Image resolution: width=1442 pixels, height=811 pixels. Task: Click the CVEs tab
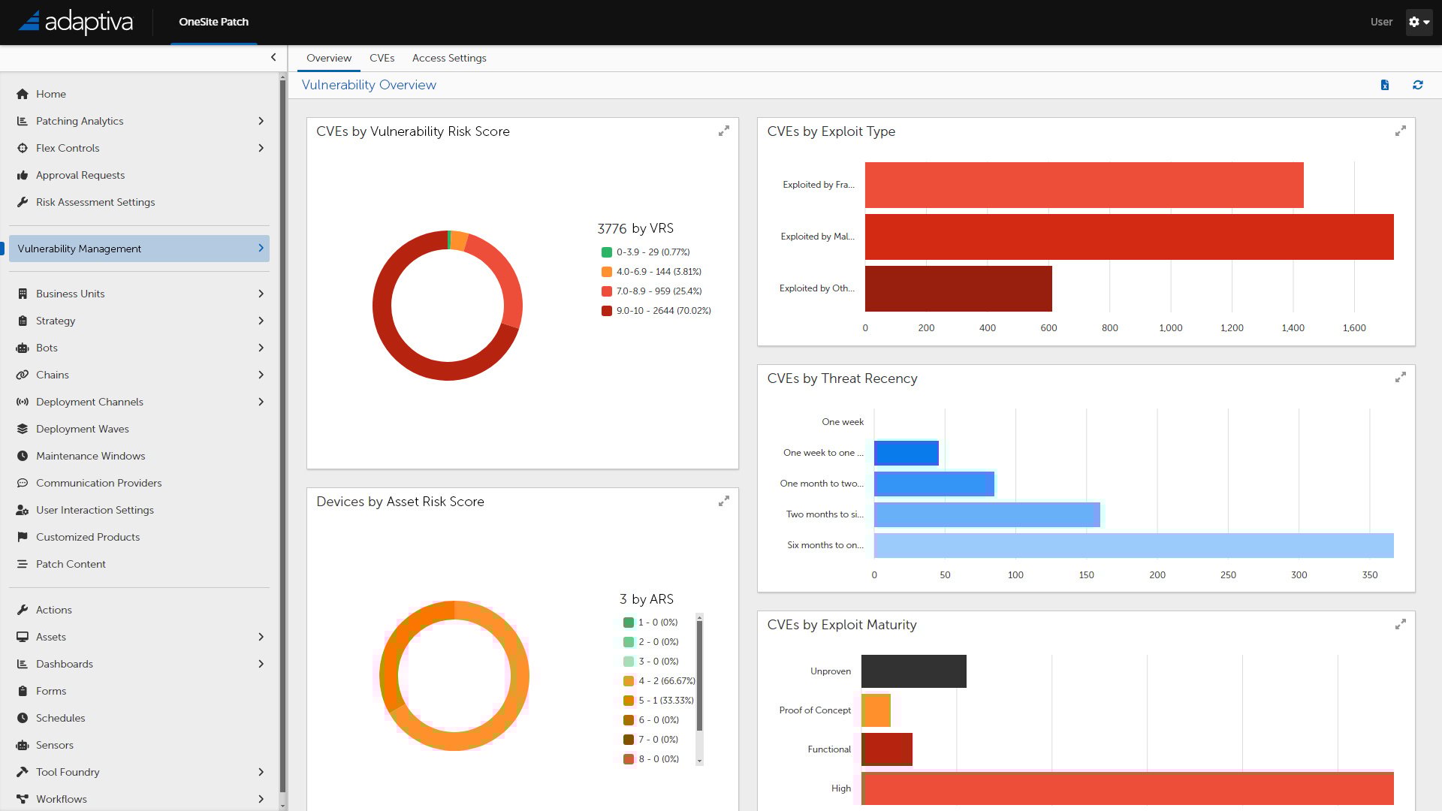[x=382, y=58]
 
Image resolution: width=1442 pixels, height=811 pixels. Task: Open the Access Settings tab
[x=448, y=58]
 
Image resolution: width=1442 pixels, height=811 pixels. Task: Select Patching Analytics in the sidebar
[x=80, y=121]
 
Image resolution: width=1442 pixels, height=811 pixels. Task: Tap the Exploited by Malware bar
[x=1129, y=237]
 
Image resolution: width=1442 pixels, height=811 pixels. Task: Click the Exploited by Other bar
[x=958, y=288]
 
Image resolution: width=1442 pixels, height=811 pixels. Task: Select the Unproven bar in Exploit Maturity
[x=913, y=671]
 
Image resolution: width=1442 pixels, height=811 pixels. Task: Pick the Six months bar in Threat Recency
[x=1133, y=545]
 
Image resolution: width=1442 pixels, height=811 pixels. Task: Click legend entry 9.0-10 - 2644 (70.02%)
[x=662, y=311]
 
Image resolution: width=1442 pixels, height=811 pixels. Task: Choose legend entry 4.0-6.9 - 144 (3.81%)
[x=658, y=272]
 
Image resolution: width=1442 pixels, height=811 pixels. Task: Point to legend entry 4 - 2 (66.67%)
[x=665, y=681]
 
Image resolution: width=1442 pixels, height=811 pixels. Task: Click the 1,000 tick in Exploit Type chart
[x=1170, y=328]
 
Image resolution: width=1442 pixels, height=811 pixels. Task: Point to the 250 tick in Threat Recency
[x=1228, y=575]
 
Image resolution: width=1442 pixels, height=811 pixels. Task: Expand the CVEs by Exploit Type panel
[x=1400, y=131]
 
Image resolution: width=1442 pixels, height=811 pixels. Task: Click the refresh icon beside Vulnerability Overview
[x=1417, y=85]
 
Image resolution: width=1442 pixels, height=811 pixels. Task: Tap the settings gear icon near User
[x=1418, y=22]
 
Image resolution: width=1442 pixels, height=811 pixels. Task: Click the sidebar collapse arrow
[x=273, y=57]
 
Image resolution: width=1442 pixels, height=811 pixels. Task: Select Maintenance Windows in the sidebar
[x=90, y=456]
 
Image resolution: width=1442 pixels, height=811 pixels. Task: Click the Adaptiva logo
[x=75, y=22]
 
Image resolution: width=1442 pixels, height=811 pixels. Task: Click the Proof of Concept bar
[x=876, y=710]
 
